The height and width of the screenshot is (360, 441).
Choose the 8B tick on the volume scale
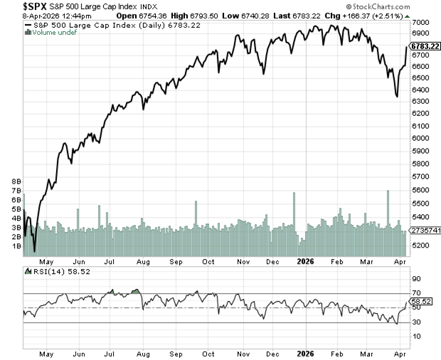point(16,182)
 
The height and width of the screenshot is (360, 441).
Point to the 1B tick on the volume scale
point(16,245)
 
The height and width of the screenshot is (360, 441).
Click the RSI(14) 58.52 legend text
point(52,271)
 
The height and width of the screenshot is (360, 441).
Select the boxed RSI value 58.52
point(420,302)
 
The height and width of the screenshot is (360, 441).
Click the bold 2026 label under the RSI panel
point(304,351)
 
